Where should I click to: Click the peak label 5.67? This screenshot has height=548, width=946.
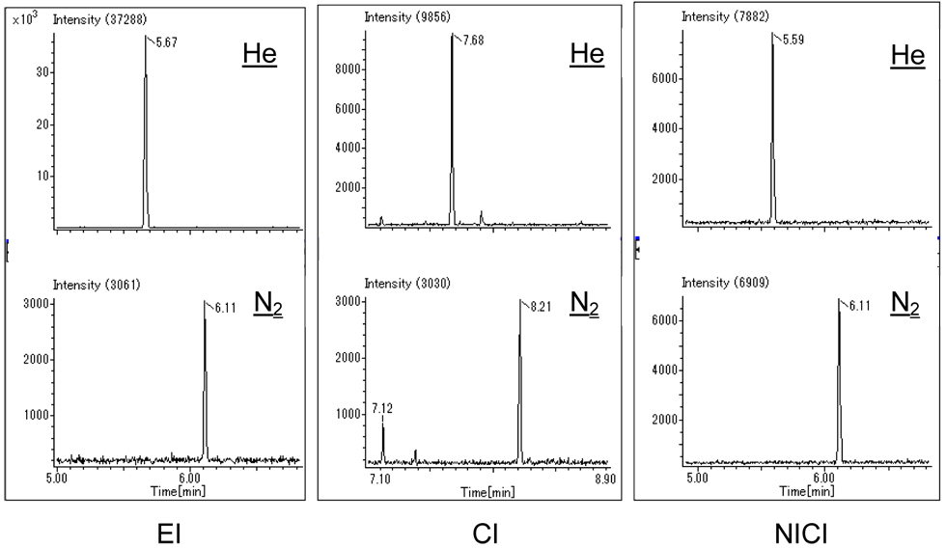pos(163,43)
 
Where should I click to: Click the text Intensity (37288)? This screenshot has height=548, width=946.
pos(99,18)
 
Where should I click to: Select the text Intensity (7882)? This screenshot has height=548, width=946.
pos(722,16)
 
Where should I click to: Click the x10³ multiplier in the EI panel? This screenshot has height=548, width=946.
pos(24,19)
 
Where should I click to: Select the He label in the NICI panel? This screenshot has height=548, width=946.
pos(908,55)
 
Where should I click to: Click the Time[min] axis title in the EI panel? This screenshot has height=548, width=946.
pos(176,491)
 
